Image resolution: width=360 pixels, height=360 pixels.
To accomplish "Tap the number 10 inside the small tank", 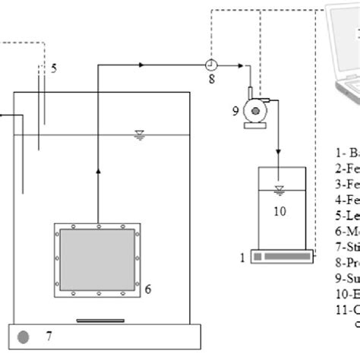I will (280, 211).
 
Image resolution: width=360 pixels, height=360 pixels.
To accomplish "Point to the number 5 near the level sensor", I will (54, 69).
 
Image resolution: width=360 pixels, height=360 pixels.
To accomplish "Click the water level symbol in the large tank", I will (139, 134).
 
